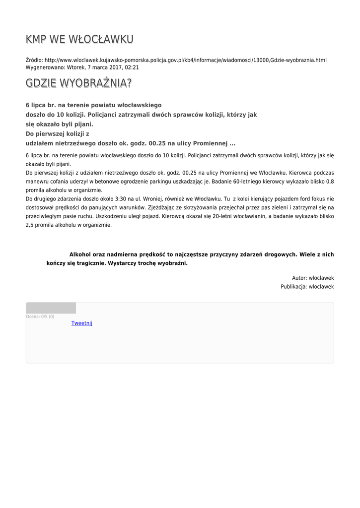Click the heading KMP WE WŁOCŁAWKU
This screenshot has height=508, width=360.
point(79,39)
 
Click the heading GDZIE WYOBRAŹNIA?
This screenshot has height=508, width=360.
point(78,83)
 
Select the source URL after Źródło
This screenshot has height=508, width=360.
point(186,60)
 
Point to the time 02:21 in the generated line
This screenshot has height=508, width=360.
point(132,67)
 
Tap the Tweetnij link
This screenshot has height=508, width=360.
point(82,323)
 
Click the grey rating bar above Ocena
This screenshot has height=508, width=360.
point(51,308)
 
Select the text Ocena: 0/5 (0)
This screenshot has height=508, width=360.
point(40,317)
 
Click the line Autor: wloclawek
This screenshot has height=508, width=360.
point(313,278)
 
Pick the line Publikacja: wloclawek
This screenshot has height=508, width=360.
point(307,287)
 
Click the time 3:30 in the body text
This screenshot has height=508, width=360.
point(121,198)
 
